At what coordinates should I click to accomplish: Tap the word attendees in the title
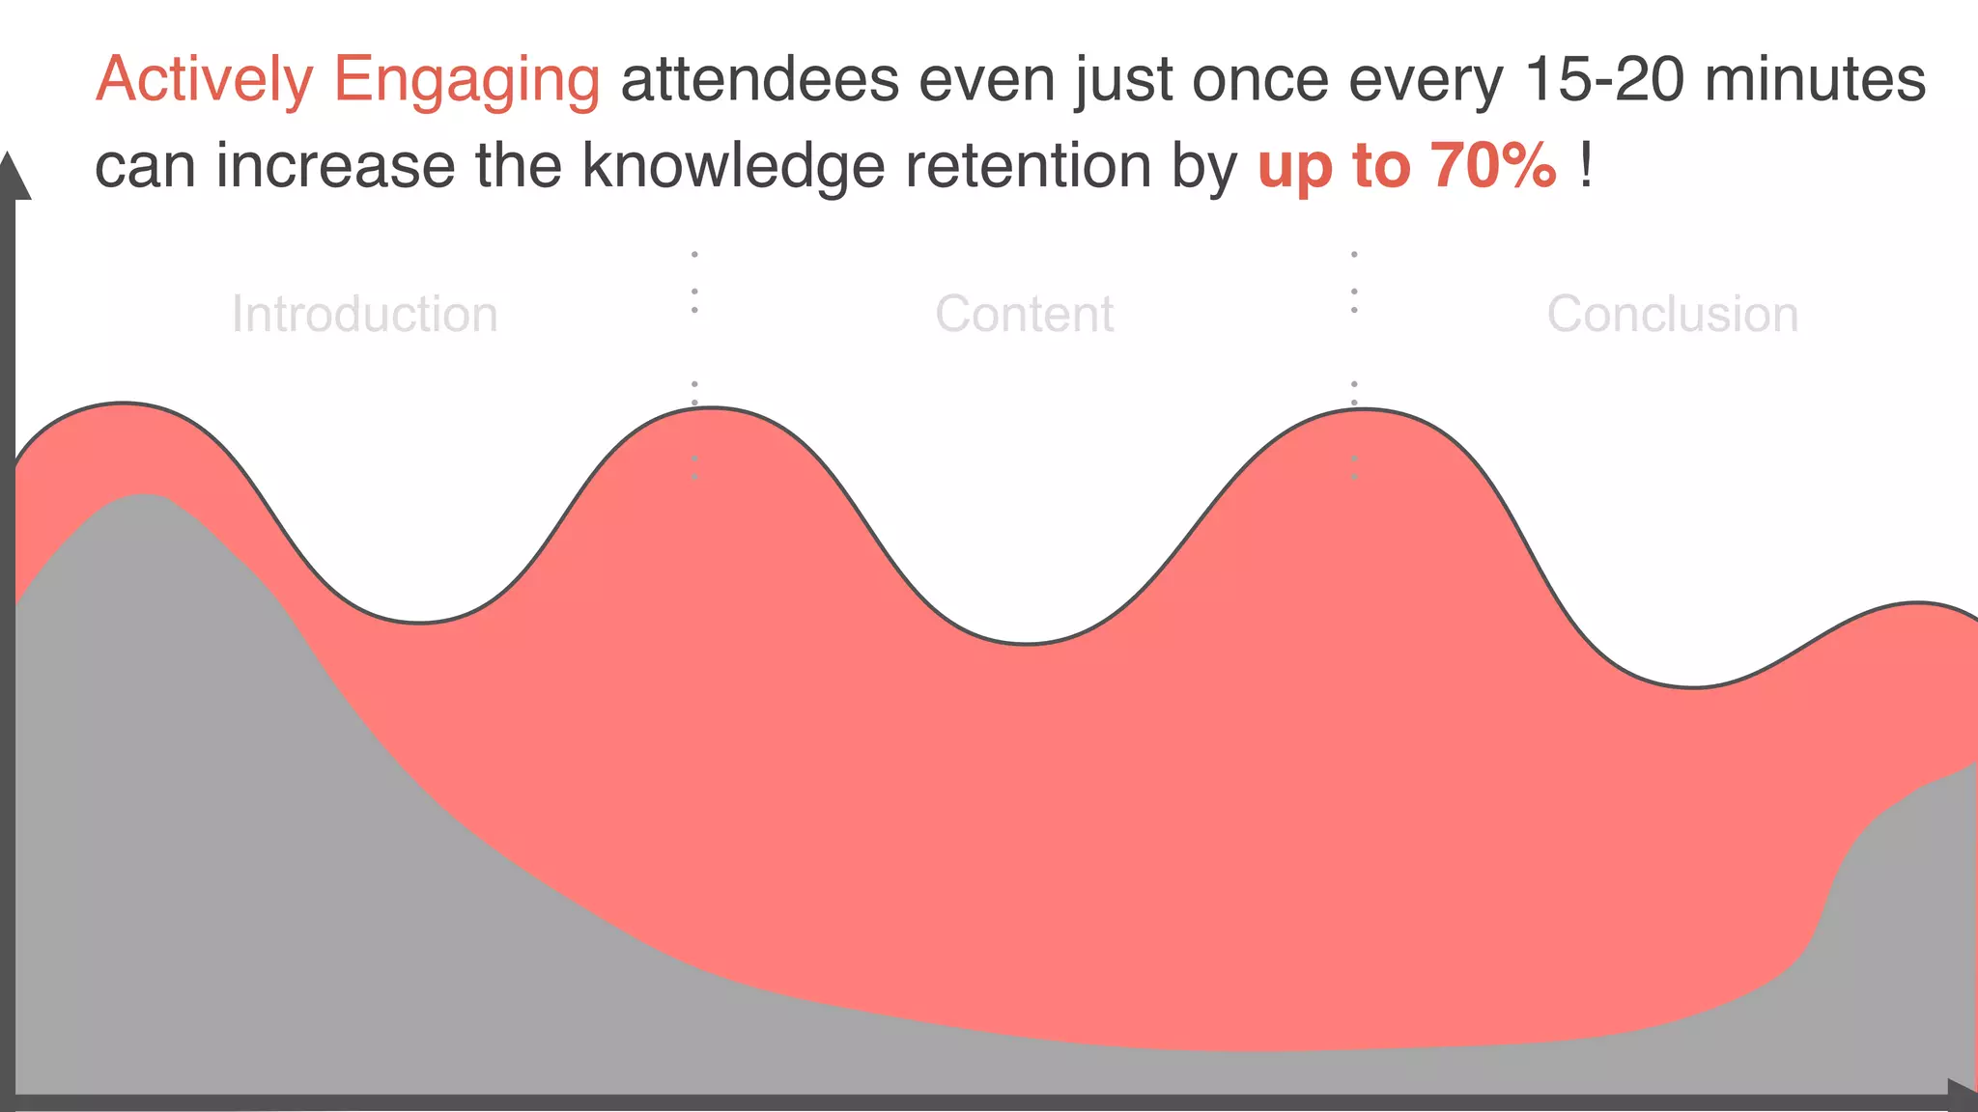click(x=760, y=79)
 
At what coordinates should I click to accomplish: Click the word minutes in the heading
click(x=1815, y=79)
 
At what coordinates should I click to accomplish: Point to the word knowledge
click(x=733, y=166)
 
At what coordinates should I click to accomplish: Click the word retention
click(x=1028, y=166)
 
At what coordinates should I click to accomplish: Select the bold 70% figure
click(x=1493, y=166)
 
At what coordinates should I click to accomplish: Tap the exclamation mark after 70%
click(x=1585, y=166)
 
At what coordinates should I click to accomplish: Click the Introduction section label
click(x=364, y=315)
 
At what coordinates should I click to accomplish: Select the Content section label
click(x=1024, y=315)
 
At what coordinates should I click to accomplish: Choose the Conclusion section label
click(x=1672, y=315)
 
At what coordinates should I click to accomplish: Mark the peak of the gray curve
click(x=142, y=496)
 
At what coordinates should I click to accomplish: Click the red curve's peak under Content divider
click(x=712, y=409)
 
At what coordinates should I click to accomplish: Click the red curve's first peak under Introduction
click(x=123, y=403)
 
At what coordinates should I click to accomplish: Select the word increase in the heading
click(x=335, y=166)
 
